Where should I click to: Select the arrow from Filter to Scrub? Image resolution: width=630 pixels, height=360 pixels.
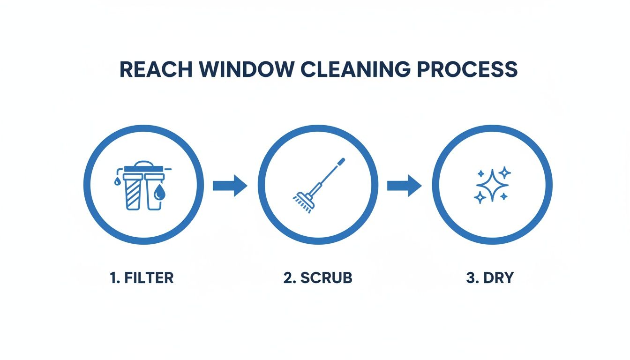(230, 186)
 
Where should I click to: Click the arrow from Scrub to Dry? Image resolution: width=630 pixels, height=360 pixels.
(404, 186)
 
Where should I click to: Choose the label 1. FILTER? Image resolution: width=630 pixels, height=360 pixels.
(142, 277)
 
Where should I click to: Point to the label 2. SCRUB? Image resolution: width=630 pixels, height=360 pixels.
(318, 277)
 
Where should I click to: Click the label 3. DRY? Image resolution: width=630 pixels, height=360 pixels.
(490, 277)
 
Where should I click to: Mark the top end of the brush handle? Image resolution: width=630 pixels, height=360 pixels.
(341, 161)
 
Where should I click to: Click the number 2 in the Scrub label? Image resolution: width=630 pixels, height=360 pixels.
(287, 277)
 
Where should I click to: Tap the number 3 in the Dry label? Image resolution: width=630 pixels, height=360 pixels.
(470, 277)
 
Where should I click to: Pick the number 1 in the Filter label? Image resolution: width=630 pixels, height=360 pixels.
(112, 277)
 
